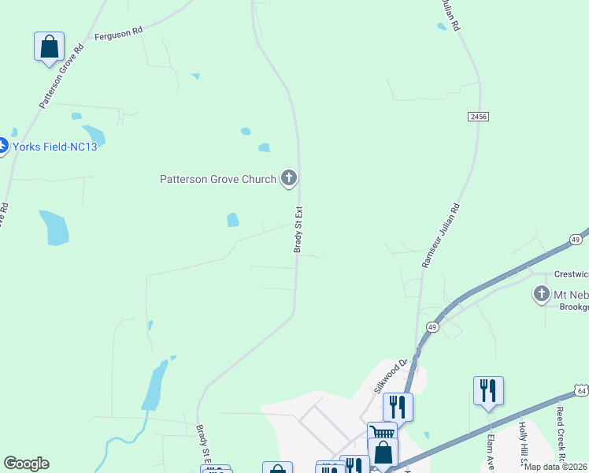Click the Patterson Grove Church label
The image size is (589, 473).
point(218,179)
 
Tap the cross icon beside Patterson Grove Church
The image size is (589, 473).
point(289,178)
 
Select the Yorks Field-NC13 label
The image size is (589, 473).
point(54,147)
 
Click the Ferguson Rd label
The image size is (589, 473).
point(118,33)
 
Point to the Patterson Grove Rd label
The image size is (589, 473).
point(61,76)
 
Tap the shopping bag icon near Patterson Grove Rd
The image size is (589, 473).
point(49,47)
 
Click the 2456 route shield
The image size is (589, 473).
point(478,116)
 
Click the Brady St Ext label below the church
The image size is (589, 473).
point(299,229)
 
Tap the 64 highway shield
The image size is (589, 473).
point(581,389)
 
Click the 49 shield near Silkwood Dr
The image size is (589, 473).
point(432,326)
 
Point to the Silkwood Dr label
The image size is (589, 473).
point(391,375)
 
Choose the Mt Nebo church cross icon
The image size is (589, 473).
point(541,294)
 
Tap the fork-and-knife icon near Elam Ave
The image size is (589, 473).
point(488,390)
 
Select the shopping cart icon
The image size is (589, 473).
point(381,433)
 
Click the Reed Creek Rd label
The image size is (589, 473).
point(560,434)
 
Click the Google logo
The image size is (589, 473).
point(27,464)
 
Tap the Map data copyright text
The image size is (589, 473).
point(555,467)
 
